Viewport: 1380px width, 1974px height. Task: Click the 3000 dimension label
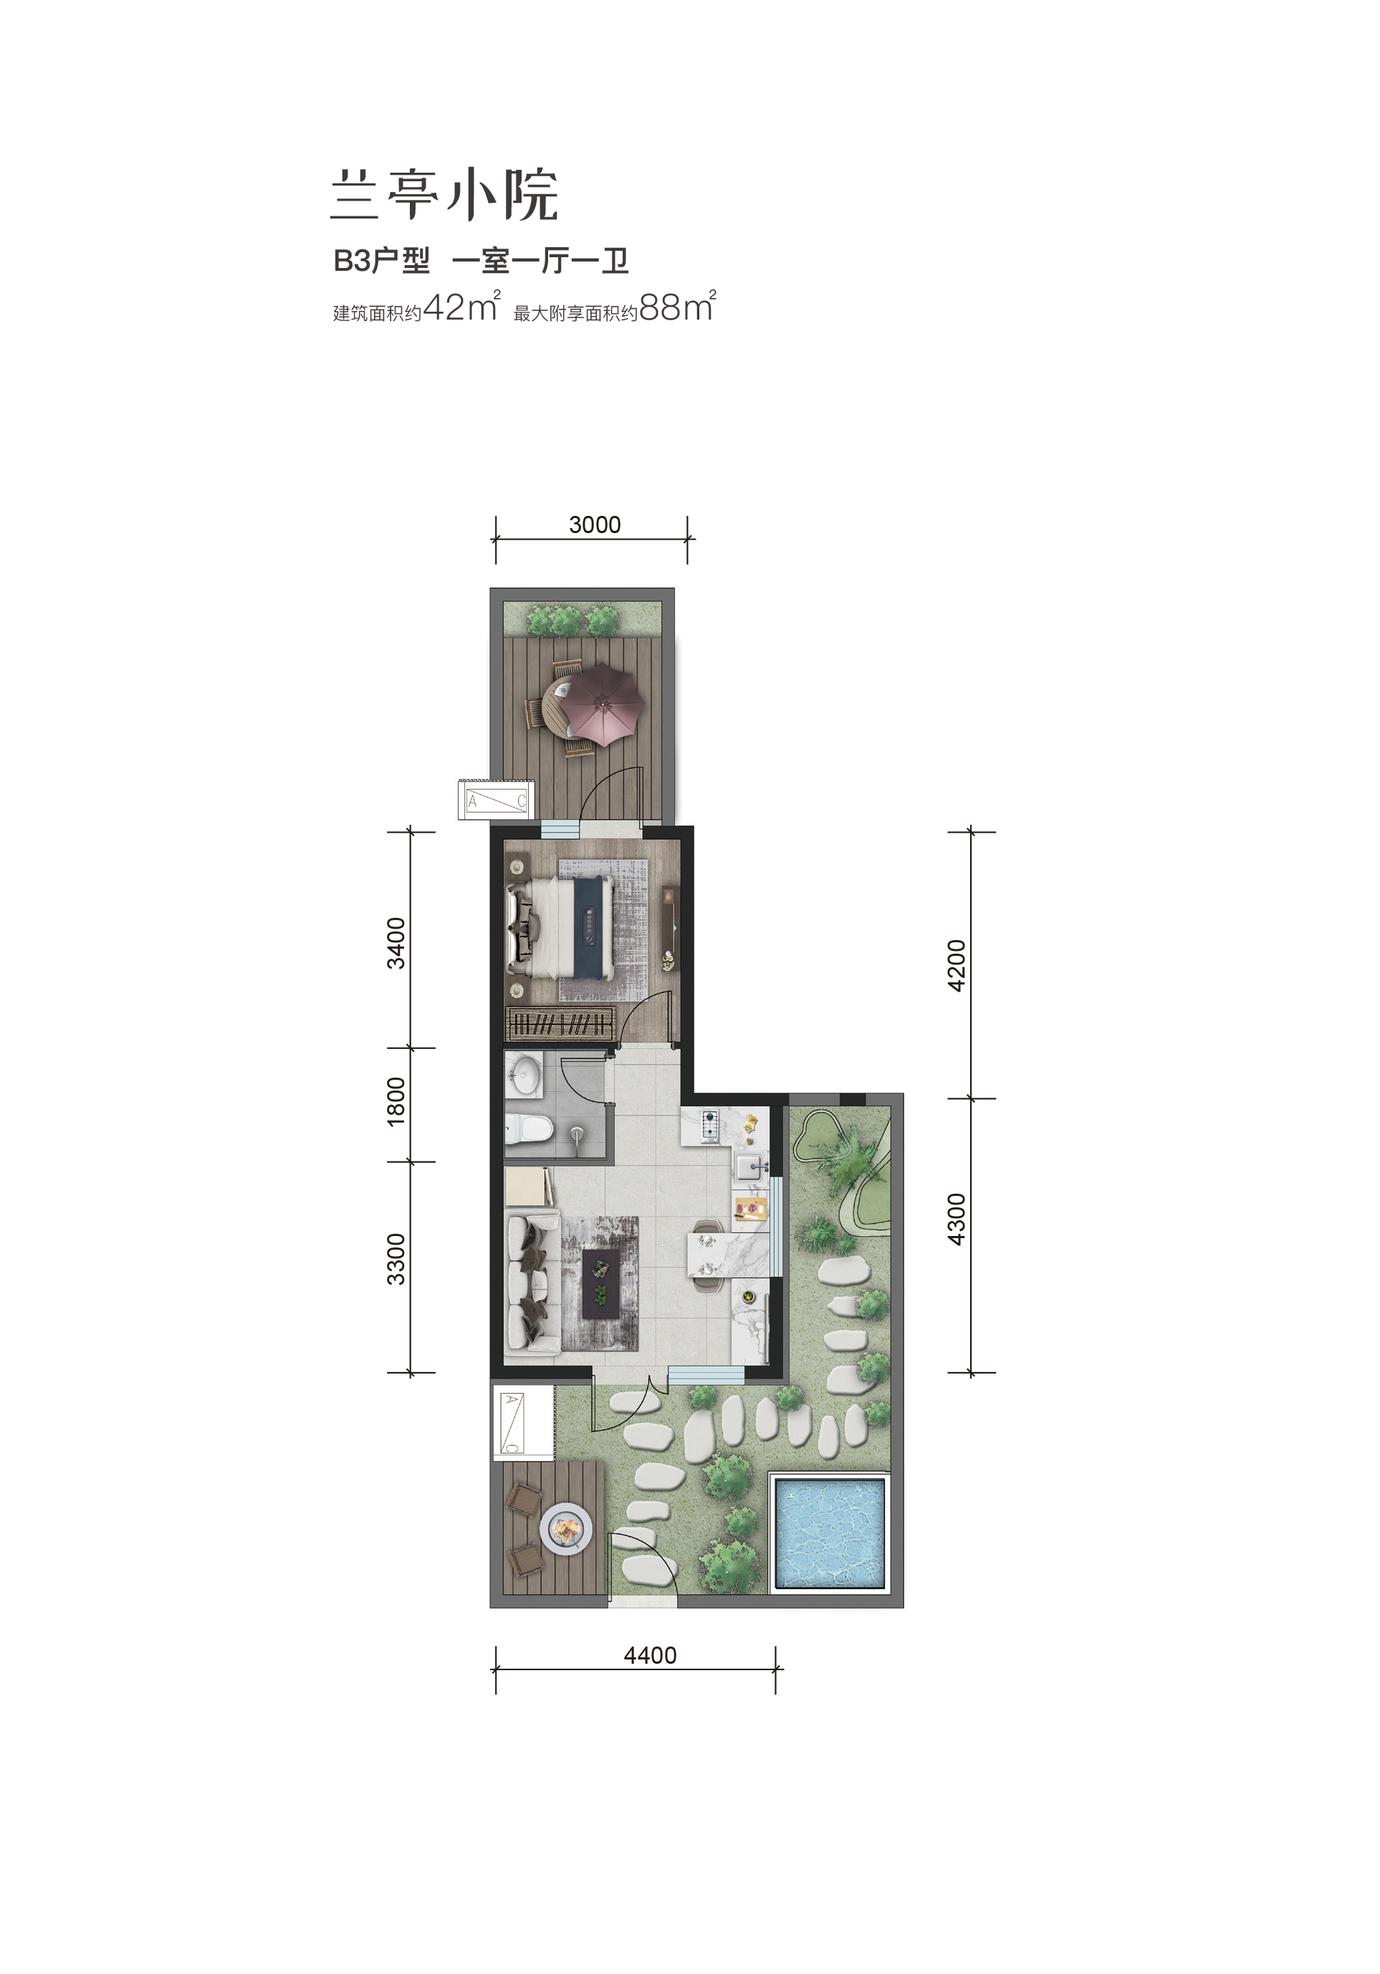594,524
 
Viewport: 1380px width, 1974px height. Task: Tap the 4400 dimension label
650,1655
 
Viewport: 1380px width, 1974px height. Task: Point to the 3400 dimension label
396,943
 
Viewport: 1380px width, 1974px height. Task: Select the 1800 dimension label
396,1101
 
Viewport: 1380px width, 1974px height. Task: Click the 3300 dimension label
396,1259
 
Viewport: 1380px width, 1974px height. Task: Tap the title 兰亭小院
444,194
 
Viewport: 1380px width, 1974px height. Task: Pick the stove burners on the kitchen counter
710,1126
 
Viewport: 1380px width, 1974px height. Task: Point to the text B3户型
382,261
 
